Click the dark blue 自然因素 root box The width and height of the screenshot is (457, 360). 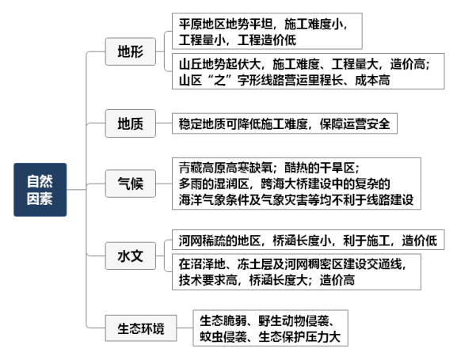click(x=40, y=190)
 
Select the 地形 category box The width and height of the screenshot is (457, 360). click(x=130, y=51)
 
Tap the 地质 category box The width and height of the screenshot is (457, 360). click(x=130, y=123)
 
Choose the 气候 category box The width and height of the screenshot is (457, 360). click(x=130, y=184)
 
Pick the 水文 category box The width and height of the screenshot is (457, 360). click(x=130, y=256)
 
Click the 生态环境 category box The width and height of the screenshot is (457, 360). click(x=141, y=328)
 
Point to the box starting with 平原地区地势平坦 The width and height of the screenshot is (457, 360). click(x=267, y=31)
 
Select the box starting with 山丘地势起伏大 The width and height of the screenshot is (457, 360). click(x=308, y=71)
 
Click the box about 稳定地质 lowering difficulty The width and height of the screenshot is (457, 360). click(x=284, y=123)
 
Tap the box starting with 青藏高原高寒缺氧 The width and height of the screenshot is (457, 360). click(x=296, y=184)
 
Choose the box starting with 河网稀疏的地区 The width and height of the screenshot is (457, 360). click(x=308, y=240)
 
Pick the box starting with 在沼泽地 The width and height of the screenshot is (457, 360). click(x=296, y=272)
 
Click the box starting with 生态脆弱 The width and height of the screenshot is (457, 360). click(x=270, y=328)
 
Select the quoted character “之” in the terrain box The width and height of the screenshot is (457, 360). click(x=219, y=80)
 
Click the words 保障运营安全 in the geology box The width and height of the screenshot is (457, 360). click(x=355, y=123)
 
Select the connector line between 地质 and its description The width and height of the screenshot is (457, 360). click(x=164, y=123)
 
